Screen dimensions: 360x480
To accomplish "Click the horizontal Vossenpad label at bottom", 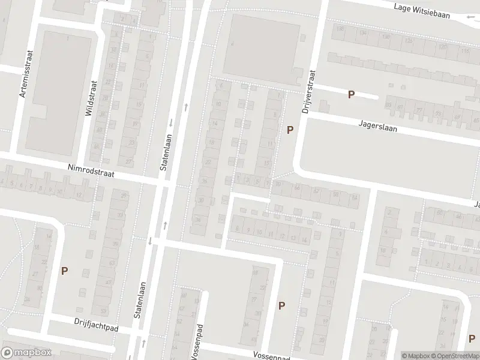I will (271, 355).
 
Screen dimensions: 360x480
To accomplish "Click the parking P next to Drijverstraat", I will (290, 129).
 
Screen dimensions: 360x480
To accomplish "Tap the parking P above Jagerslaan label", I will (352, 94).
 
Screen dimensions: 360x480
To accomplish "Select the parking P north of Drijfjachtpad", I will (64, 271).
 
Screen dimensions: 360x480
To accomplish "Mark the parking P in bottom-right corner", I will (472, 338).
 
